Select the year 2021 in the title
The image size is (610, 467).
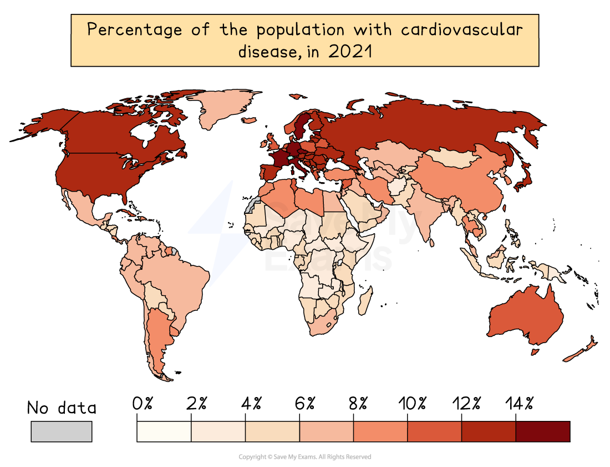coord(349,52)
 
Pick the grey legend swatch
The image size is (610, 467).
coord(62,431)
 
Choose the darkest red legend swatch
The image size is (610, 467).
coord(542,431)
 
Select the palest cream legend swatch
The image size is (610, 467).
coord(164,431)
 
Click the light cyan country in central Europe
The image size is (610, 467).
coord(289,158)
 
